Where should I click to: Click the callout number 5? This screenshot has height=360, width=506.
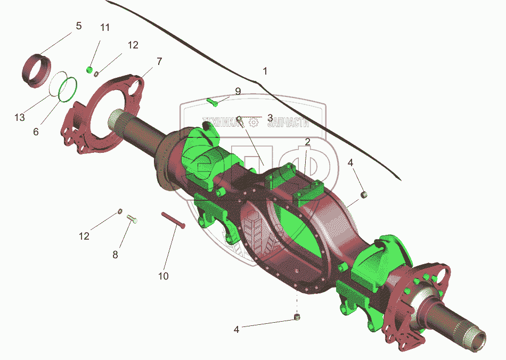point(79,26)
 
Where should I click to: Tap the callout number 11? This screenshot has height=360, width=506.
point(105,28)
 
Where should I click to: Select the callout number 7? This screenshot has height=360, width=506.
point(159,61)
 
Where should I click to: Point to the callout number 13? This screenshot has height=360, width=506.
point(20,117)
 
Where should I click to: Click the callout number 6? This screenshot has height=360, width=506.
point(36,132)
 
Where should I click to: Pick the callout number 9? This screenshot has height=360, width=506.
point(238,91)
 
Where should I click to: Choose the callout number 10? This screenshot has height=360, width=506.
point(164,276)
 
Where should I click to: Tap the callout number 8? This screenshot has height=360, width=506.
point(115,255)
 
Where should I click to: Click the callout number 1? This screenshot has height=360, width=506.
point(265,71)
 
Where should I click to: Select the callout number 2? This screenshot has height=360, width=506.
point(307,142)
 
